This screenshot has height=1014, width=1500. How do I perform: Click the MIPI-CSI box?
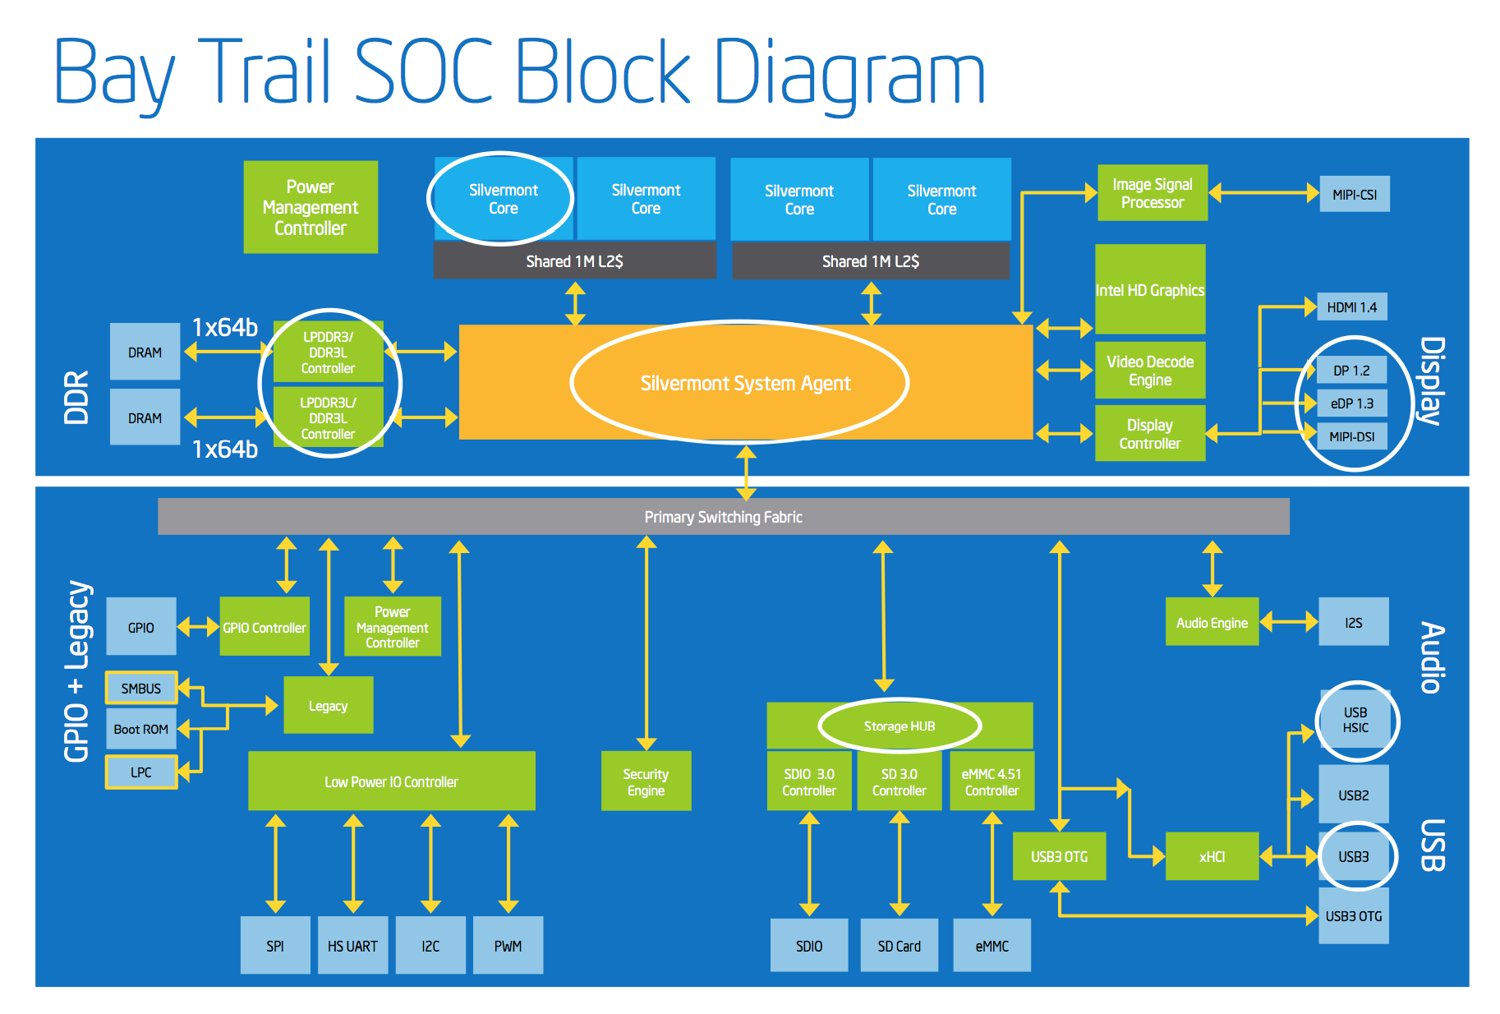tap(1354, 195)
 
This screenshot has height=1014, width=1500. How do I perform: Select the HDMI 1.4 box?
tap(1351, 307)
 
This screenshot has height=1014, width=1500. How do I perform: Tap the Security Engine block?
tap(646, 781)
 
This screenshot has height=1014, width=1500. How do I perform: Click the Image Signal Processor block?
tap(1152, 193)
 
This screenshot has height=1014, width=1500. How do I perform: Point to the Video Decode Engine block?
tap(1149, 371)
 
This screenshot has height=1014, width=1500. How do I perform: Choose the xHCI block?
tap(1212, 856)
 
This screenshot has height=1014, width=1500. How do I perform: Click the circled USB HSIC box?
tap(1355, 720)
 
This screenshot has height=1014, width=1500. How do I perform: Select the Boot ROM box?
tap(141, 729)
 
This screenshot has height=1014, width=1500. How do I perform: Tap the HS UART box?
tap(352, 946)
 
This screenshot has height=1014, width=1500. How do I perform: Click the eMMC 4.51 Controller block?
tap(992, 781)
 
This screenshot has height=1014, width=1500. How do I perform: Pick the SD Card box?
tap(899, 946)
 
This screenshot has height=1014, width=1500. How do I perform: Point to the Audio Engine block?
tap(1212, 622)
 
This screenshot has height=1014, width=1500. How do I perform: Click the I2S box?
tap(1353, 622)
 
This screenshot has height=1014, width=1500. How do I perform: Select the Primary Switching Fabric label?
tap(723, 517)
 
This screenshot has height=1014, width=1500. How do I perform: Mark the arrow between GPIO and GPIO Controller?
tap(198, 627)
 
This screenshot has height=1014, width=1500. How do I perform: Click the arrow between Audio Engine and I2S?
tap(1288, 622)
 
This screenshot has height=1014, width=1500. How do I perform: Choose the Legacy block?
tap(328, 705)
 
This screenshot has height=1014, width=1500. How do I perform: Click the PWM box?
tap(508, 946)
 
